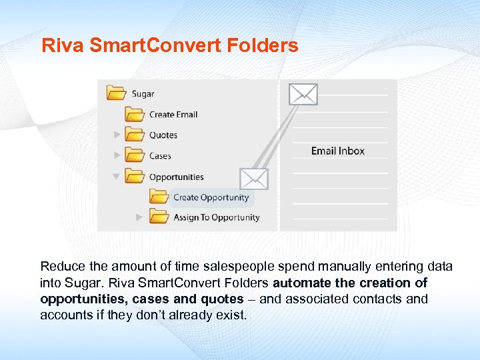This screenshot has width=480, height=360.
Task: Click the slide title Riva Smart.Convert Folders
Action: [169, 46]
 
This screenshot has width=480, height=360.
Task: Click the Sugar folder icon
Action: [117, 93]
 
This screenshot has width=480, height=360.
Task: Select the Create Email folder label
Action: [173, 114]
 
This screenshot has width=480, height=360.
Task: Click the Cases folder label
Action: [160, 156]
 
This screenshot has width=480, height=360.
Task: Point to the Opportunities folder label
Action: [177, 177]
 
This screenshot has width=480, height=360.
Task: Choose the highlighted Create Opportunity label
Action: [211, 197]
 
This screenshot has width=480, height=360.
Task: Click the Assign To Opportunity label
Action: [216, 217]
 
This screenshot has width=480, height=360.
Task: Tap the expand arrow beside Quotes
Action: [117, 135]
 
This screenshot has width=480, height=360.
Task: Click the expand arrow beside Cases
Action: [117, 155]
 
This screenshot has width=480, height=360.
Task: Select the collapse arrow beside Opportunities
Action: [117, 177]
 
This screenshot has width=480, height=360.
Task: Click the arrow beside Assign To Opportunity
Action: [139, 217]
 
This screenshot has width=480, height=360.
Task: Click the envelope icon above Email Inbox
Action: [303, 94]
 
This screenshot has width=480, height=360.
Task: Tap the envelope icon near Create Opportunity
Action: [253, 179]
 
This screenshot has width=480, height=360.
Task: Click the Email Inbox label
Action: [338, 151]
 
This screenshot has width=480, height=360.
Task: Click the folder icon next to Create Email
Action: [135, 114]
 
